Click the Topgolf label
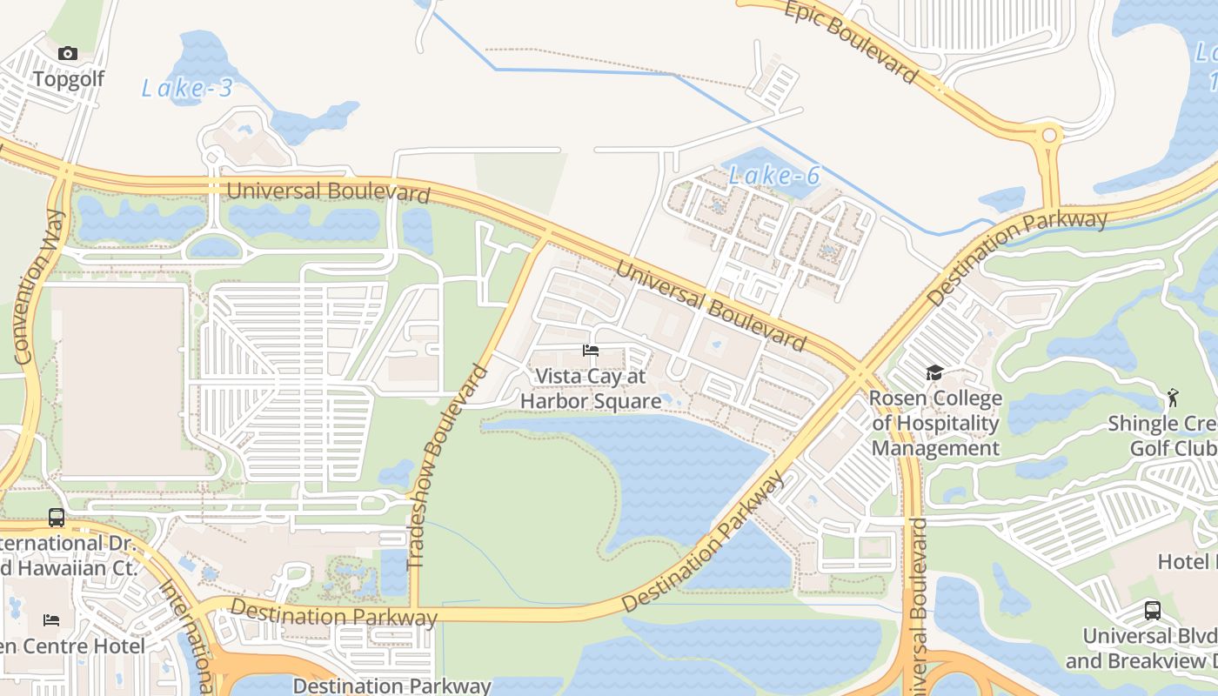pos(68,79)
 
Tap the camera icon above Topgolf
pos(68,54)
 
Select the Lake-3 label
pos(187,88)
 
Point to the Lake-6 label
pos(774,176)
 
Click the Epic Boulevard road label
pos(851,42)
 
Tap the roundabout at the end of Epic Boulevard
pos(1050,136)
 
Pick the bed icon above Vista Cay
pos(591,351)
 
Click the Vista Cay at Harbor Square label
pos(591,389)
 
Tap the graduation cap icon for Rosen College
pos(934,373)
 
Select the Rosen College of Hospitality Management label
pos(936,424)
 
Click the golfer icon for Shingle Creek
pos(1172,398)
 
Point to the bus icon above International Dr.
pos(57,518)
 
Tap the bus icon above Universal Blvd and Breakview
pos(1153,611)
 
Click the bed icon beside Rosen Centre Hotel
pos(51,620)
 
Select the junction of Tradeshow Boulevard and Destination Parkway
pos(414,612)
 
